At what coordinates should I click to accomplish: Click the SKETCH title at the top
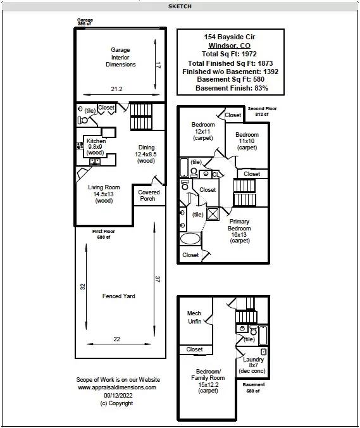click(x=180, y=6)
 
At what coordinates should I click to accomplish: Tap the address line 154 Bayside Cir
click(x=230, y=37)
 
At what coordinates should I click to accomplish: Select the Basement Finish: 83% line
click(x=232, y=88)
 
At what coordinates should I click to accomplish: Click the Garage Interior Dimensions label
click(x=120, y=57)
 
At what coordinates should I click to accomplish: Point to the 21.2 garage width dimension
click(x=116, y=89)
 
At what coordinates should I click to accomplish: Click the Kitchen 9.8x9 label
click(x=96, y=147)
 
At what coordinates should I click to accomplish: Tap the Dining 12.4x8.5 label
click(x=146, y=154)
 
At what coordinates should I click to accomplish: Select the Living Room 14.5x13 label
click(x=104, y=194)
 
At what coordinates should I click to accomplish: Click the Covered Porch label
click(x=149, y=196)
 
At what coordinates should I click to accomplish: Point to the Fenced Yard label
click(x=119, y=296)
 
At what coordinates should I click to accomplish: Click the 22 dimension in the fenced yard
click(x=116, y=339)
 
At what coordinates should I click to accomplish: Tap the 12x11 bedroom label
click(x=203, y=131)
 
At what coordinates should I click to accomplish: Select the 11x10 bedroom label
click(x=247, y=141)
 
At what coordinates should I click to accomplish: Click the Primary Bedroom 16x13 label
click(x=239, y=231)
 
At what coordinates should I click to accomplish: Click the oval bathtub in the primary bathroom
click(x=190, y=239)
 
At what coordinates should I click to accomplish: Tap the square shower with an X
click(x=213, y=214)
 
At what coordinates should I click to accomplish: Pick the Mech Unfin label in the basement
click(x=194, y=317)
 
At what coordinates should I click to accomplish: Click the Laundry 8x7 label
click(x=252, y=365)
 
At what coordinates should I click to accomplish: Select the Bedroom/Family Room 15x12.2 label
click(x=208, y=381)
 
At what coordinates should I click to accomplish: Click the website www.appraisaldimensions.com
click(x=117, y=387)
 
